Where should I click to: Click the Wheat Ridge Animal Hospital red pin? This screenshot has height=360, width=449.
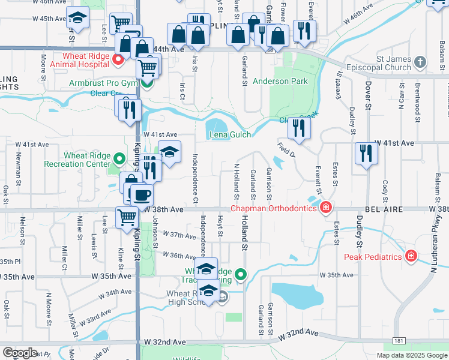(x=118, y=58)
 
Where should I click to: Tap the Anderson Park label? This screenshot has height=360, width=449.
(x=280, y=81)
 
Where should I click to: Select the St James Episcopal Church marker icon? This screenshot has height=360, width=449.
(x=421, y=62)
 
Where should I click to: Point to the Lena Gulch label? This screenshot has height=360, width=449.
(x=229, y=135)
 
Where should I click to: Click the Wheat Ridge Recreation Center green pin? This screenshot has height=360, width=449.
(x=119, y=159)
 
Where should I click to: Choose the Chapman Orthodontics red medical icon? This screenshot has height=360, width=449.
(x=325, y=208)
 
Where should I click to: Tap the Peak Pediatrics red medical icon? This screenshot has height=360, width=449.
(x=411, y=257)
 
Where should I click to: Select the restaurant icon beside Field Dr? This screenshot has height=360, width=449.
(x=298, y=128)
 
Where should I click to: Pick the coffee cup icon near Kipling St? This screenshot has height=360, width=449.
(x=142, y=195)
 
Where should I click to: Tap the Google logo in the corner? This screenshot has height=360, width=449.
(x=20, y=353)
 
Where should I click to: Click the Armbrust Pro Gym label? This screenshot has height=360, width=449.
(x=103, y=83)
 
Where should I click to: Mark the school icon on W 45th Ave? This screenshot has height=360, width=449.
(x=77, y=19)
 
